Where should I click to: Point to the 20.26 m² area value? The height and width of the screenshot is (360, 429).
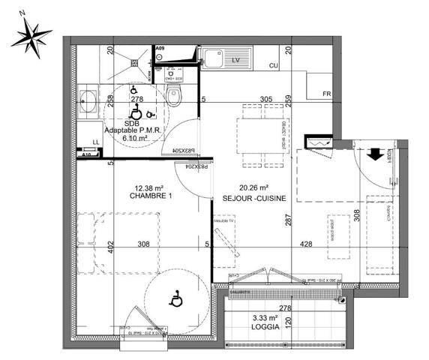(x=253, y=188)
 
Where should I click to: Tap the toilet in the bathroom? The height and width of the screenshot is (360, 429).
(x=175, y=96)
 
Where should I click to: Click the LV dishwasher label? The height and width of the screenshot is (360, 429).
(x=235, y=58)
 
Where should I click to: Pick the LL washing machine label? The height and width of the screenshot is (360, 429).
(x=95, y=142)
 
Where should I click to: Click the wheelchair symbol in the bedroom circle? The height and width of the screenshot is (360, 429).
(x=176, y=299)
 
